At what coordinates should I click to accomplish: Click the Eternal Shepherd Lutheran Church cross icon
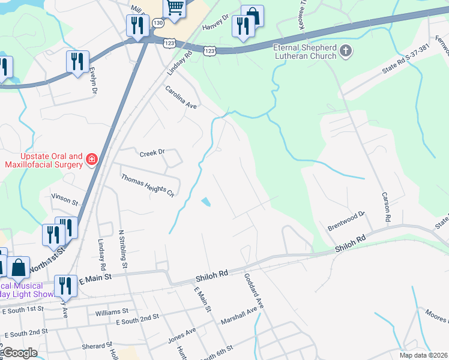click(345, 52)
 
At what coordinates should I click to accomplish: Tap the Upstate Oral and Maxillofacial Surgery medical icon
click(92, 159)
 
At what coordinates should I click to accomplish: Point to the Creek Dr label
click(152, 153)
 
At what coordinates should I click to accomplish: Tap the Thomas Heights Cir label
click(147, 186)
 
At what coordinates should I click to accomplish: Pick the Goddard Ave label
click(253, 291)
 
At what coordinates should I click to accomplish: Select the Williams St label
click(112, 312)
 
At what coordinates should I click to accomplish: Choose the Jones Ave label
click(182, 335)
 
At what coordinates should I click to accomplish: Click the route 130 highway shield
click(157, 22)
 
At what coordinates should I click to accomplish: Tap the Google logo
click(19, 353)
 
